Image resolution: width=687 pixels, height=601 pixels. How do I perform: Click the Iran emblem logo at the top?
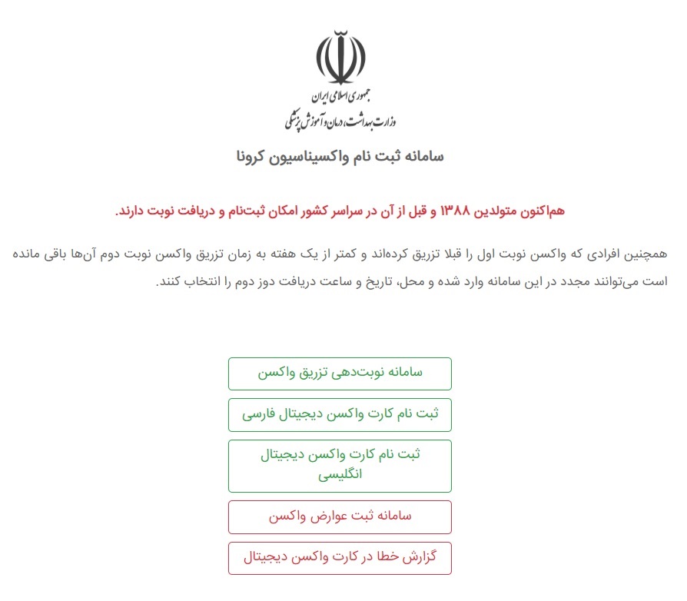341,58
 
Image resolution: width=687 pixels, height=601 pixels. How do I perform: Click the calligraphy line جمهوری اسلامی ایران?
341,97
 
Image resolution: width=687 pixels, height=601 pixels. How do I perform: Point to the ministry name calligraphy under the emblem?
340,120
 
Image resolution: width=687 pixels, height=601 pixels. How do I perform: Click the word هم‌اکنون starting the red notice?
542,211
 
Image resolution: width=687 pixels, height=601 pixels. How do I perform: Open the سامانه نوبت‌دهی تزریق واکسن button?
340,374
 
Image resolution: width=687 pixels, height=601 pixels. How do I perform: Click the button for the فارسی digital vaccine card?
340,415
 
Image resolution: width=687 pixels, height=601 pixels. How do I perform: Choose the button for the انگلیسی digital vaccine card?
340,465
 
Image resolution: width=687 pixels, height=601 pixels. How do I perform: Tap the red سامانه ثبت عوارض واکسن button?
340,516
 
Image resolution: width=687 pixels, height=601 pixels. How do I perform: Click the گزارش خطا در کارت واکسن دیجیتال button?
340,558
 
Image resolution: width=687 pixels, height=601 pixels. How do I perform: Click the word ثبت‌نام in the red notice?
230,211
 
